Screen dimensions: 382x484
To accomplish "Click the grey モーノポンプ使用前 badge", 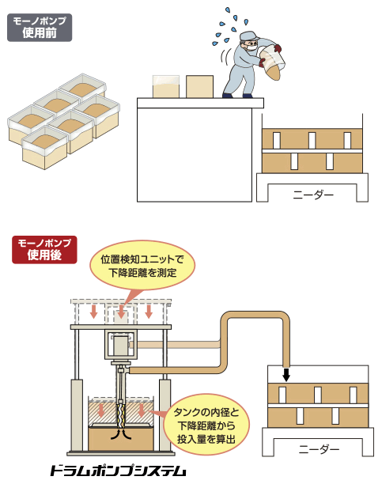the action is point(40,28).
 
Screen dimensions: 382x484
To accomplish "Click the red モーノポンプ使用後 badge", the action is point(44,250).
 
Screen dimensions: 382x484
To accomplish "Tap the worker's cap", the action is point(249,36).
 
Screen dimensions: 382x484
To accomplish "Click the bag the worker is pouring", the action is point(271,62).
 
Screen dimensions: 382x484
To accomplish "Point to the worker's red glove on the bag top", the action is point(278,47).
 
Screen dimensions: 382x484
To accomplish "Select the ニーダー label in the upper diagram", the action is point(313,195).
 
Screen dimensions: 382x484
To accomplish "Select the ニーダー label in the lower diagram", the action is point(319,449).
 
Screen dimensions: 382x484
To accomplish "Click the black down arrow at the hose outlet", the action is point(286,374).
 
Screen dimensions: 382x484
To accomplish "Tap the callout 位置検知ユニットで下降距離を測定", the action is point(142,266).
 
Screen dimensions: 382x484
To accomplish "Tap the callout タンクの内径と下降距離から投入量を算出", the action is point(206,425).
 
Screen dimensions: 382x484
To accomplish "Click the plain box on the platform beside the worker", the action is point(199,86).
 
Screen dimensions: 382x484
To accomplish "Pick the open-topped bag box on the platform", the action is point(166,86).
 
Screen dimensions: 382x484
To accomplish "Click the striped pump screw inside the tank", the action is point(121,413).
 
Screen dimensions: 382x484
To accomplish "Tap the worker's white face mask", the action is point(252,47).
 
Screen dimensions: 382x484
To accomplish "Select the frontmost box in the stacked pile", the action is point(45,148).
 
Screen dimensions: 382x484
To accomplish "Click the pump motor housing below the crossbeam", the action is point(120,345).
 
